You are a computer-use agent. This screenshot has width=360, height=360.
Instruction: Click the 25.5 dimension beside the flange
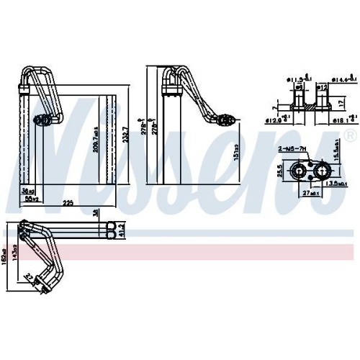pyautogui.click(x=278, y=171)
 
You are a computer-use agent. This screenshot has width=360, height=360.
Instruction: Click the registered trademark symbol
pyautogui.click(x=350, y=135)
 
